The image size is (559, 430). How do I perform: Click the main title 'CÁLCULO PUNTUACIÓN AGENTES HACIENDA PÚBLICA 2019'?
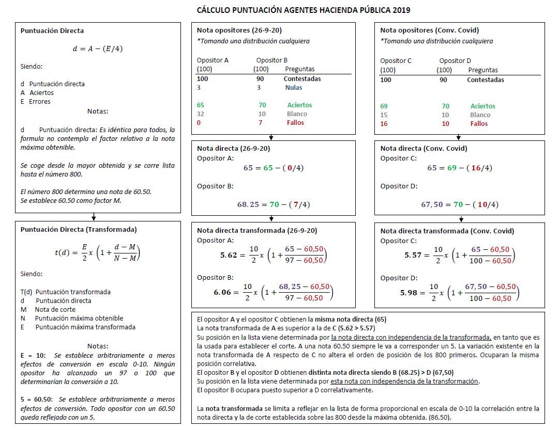point(304,10)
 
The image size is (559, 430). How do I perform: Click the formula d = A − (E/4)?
point(98,49)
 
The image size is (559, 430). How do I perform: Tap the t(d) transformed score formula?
point(98,252)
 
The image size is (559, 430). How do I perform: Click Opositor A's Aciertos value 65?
point(201,105)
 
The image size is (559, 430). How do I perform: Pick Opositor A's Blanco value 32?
point(201,114)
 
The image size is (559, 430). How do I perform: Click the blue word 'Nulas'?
point(294,88)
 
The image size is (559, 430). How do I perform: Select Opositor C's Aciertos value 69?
point(384,106)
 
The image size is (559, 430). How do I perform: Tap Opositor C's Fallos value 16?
point(384,123)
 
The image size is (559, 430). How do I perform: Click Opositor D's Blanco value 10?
point(445,115)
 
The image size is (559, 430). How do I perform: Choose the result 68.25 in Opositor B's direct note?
point(247,204)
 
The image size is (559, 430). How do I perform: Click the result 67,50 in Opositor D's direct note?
point(432,204)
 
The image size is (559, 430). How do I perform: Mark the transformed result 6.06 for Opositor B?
point(223,292)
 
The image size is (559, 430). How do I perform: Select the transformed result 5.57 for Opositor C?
point(414,255)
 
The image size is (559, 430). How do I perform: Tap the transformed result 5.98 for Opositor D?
point(409,293)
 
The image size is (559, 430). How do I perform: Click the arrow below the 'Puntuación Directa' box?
point(94,217)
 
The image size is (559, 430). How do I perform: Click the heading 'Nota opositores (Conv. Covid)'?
point(430,30)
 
